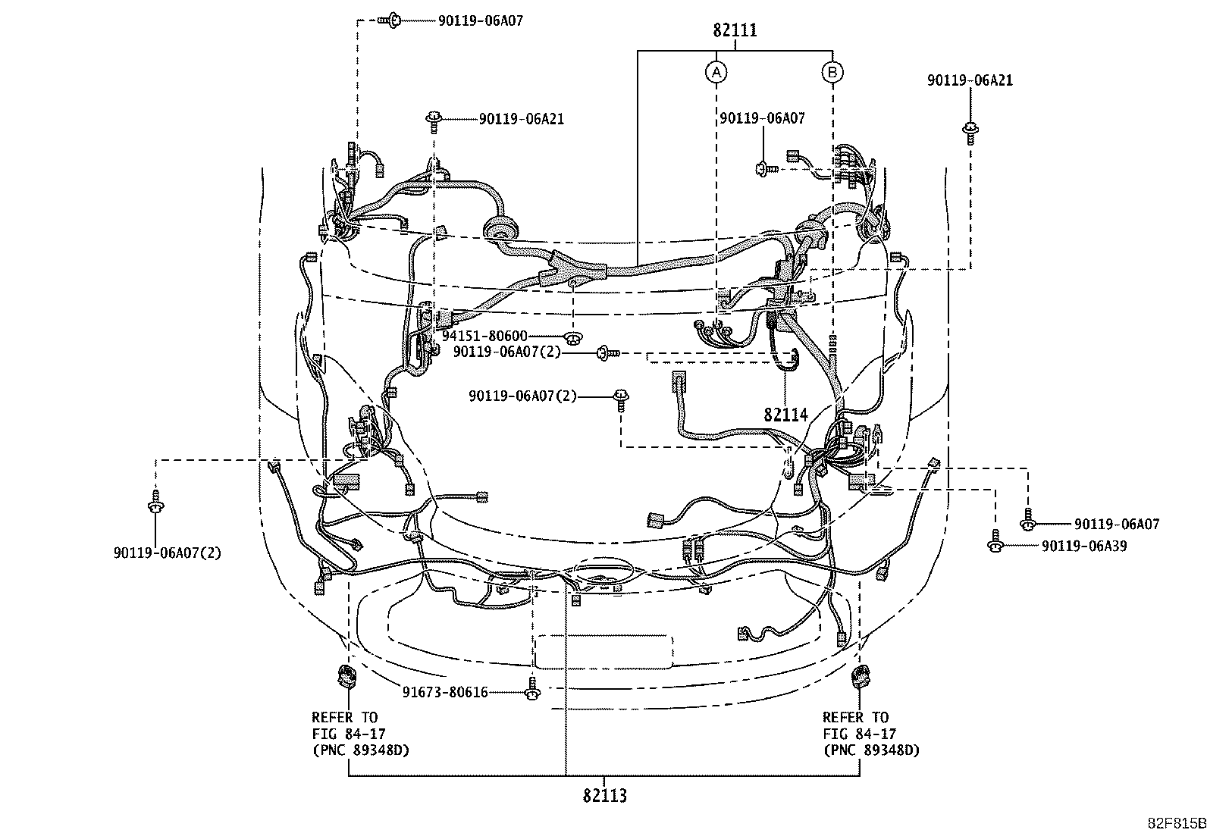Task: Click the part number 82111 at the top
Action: [735, 30]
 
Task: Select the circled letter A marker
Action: [716, 72]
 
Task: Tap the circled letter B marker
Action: [832, 72]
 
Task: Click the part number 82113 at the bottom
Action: [604, 795]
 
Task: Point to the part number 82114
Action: [785, 415]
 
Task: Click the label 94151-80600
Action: [484, 337]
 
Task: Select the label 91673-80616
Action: [445, 692]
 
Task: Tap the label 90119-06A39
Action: [1084, 546]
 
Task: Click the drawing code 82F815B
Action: [1177, 823]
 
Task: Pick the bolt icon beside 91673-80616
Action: [533, 692]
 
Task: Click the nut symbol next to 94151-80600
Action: [573, 338]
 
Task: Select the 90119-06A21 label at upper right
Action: [970, 80]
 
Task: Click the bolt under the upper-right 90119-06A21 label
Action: [970, 133]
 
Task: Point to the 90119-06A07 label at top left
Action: [481, 21]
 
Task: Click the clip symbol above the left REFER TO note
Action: [348, 678]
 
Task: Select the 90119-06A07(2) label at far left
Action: [168, 553]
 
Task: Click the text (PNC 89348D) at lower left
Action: [361, 750]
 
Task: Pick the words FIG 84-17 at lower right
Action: [860, 734]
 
